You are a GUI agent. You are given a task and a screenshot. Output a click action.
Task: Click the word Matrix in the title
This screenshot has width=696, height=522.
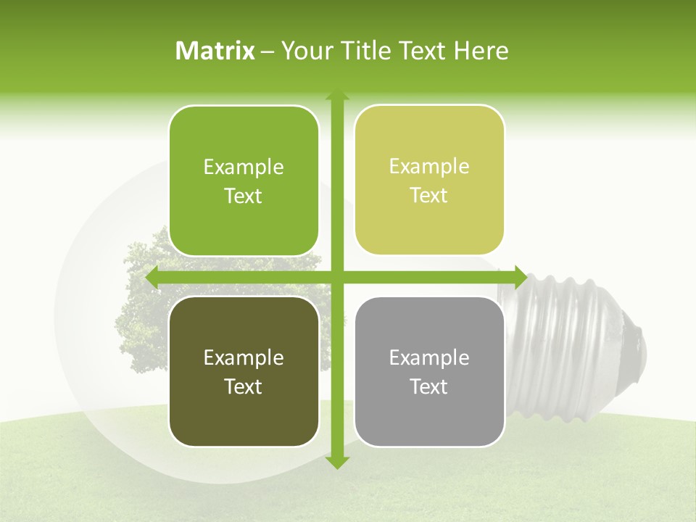(x=215, y=51)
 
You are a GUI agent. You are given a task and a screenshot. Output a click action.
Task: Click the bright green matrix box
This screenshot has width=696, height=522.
(x=244, y=181)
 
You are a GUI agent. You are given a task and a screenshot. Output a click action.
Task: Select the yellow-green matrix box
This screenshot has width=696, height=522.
(x=429, y=180)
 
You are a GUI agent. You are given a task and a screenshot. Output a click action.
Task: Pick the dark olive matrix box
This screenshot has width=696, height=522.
(x=244, y=371)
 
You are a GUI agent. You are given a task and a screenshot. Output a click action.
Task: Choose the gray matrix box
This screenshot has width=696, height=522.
(x=429, y=371)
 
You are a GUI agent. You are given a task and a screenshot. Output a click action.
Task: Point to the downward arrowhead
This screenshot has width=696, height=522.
(x=336, y=462)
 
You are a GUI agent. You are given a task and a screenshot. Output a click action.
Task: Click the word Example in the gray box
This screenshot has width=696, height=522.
(x=429, y=357)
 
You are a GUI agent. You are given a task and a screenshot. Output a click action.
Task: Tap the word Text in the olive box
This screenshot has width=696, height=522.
(x=244, y=386)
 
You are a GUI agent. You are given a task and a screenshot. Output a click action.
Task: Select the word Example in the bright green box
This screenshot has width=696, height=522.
(x=244, y=167)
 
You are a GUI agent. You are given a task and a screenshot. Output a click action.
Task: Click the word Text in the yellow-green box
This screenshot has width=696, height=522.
(x=429, y=195)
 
